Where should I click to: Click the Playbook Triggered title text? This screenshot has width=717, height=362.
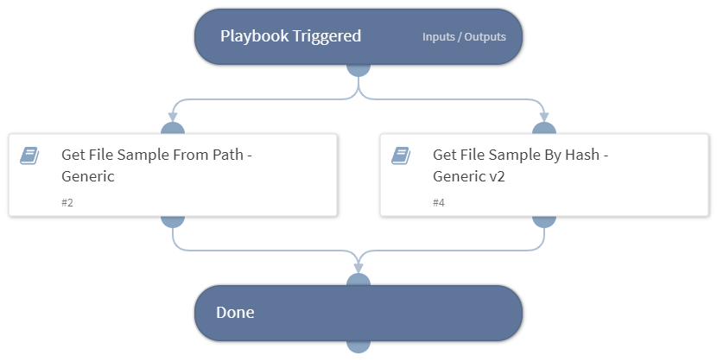(x=290, y=36)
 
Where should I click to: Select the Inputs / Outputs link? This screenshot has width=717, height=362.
(x=464, y=37)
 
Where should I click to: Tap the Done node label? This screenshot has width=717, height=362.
(x=235, y=313)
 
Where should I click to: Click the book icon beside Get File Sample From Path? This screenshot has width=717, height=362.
(x=29, y=156)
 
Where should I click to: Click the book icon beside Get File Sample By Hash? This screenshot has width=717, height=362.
(x=401, y=156)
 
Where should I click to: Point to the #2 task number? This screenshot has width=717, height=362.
(x=67, y=203)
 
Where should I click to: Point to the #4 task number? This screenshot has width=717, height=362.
(x=439, y=203)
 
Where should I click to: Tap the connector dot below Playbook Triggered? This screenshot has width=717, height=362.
(x=358, y=67)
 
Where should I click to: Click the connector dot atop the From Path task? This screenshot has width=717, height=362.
(x=173, y=130)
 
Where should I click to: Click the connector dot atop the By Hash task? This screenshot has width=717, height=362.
(x=544, y=130)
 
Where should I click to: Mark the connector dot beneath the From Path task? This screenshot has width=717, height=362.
(x=173, y=220)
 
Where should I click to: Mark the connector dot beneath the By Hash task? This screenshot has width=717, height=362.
(x=544, y=220)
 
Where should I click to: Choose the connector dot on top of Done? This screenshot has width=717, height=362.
(x=358, y=282)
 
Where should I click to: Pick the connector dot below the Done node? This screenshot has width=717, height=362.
(x=358, y=345)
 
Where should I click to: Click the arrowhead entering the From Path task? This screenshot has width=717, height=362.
(x=173, y=116)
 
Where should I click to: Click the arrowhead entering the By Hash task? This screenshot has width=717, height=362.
(x=544, y=116)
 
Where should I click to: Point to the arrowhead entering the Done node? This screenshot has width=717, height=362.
(x=358, y=268)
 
